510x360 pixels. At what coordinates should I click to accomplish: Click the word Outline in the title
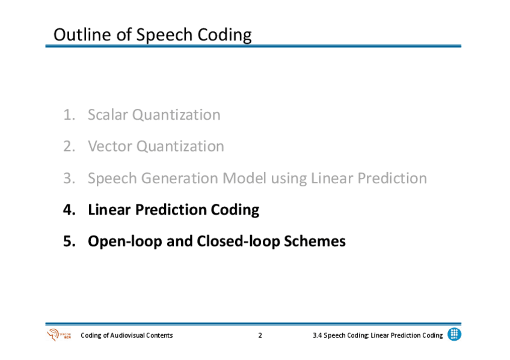click(x=82, y=34)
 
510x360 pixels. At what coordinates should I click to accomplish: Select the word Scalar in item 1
click(x=107, y=115)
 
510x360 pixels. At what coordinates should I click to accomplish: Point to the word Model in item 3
click(x=244, y=178)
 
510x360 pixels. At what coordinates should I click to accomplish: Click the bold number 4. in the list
click(x=69, y=210)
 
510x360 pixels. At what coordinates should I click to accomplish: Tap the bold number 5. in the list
click(x=69, y=241)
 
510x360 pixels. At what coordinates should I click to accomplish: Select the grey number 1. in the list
click(x=69, y=115)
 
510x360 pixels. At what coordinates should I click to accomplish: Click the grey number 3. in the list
click(x=69, y=178)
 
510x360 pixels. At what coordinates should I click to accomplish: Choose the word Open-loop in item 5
click(x=125, y=242)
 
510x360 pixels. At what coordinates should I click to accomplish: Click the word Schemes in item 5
click(x=315, y=241)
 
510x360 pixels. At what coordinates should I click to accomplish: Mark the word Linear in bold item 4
click(x=109, y=210)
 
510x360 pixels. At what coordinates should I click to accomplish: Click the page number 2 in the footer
click(x=260, y=335)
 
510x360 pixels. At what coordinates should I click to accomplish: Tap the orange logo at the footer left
click(x=59, y=335)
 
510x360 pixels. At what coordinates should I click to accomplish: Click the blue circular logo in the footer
click(x=454, y=334)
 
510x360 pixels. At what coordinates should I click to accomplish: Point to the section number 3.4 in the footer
click(x=317, y=335)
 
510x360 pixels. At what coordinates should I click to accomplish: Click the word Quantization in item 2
click(x=180, y=147)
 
